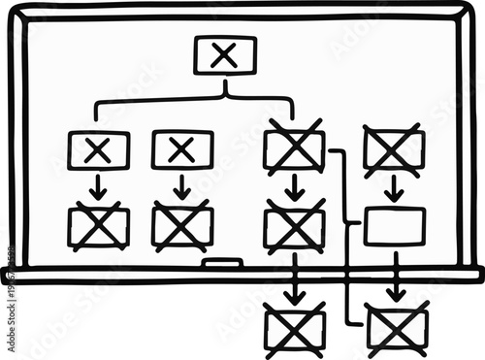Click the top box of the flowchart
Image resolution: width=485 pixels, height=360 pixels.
(225, 55)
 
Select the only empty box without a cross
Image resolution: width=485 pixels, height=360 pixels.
(394, 225)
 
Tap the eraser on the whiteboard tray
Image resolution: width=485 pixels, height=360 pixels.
(223, 263)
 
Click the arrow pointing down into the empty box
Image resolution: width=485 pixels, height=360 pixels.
(394, 190)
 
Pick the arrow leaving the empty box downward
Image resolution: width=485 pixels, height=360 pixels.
(395, 277)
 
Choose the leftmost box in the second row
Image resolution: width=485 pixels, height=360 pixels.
(98, 150)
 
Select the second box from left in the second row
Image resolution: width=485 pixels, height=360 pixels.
(182, 150)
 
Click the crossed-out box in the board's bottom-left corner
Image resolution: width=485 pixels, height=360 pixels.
(98, 227)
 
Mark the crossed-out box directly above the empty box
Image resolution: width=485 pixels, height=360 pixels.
(393, 151)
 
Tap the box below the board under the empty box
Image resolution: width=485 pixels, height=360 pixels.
(396, 329)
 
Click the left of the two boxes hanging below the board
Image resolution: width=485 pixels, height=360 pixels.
(295, 328)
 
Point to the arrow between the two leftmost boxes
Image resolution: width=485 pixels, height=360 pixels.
(98, 187)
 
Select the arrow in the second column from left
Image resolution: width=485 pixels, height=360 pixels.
(182, 187)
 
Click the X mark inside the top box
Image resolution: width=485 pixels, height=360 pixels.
(225, 55)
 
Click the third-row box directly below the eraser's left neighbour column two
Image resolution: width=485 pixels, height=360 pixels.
(182, 227)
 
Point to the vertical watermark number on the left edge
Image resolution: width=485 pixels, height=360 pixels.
(9, 300)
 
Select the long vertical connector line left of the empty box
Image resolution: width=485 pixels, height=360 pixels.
(347, 243)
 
